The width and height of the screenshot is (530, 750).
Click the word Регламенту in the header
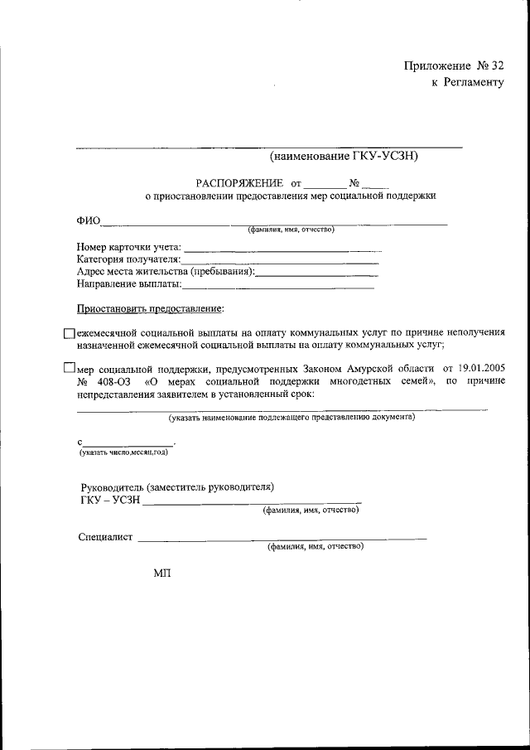click(474, 83)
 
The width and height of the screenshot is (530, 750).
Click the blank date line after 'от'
click(324, 184)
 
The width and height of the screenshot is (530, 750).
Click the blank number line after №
click(374, 184)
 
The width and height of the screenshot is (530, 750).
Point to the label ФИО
click(89, 221)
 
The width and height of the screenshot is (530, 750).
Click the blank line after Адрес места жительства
click(318, 273)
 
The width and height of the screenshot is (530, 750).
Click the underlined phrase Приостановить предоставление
click(150, 308)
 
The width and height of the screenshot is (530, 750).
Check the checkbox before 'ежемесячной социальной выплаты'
click(69, 332)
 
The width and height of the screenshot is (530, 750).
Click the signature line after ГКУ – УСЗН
click(253, 501)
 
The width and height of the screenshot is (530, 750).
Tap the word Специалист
click(105, 537)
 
